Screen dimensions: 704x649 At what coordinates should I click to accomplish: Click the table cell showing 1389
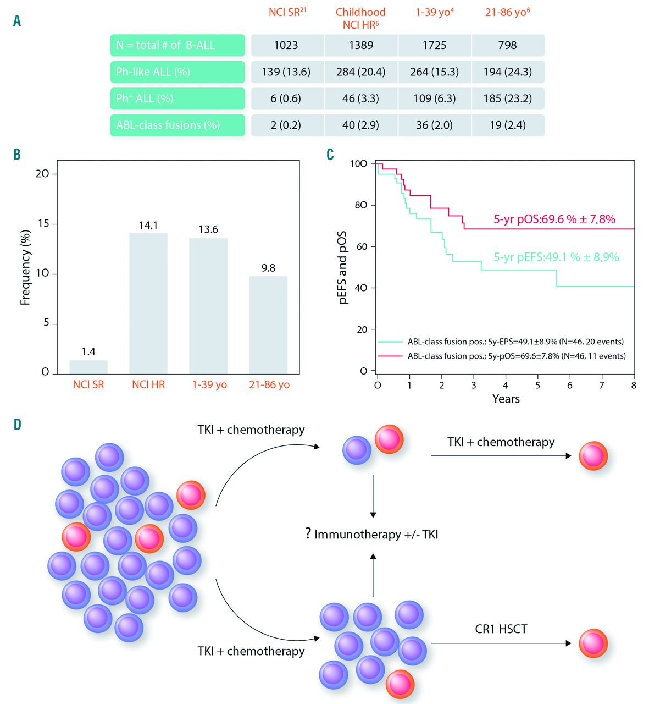(361, 45)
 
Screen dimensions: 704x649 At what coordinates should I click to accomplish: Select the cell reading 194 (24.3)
(507, 71)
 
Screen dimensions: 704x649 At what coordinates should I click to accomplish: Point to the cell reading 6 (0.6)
(286, 98)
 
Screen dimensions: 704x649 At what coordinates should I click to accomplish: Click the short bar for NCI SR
(88, 367)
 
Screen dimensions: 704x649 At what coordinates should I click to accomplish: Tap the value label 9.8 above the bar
(268, 268)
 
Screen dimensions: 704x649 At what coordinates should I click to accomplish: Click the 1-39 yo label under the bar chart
(208, 385)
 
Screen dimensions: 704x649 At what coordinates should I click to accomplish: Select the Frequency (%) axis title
(25, 267)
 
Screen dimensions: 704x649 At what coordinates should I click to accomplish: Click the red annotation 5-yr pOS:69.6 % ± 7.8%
(554, 219)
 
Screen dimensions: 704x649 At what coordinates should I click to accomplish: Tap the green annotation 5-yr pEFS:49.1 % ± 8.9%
(556, 257)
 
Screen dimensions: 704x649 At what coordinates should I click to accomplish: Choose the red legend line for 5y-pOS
(389, 356)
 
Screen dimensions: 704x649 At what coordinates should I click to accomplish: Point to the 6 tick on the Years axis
(570, 385)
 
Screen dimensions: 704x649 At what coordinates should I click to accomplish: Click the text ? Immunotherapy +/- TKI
(372, 533)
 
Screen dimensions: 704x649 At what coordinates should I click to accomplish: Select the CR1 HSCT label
(501, 629)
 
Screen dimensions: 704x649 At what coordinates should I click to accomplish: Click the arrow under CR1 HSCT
(500, 643)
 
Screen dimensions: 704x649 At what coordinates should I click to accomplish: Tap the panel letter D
(17, 425)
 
